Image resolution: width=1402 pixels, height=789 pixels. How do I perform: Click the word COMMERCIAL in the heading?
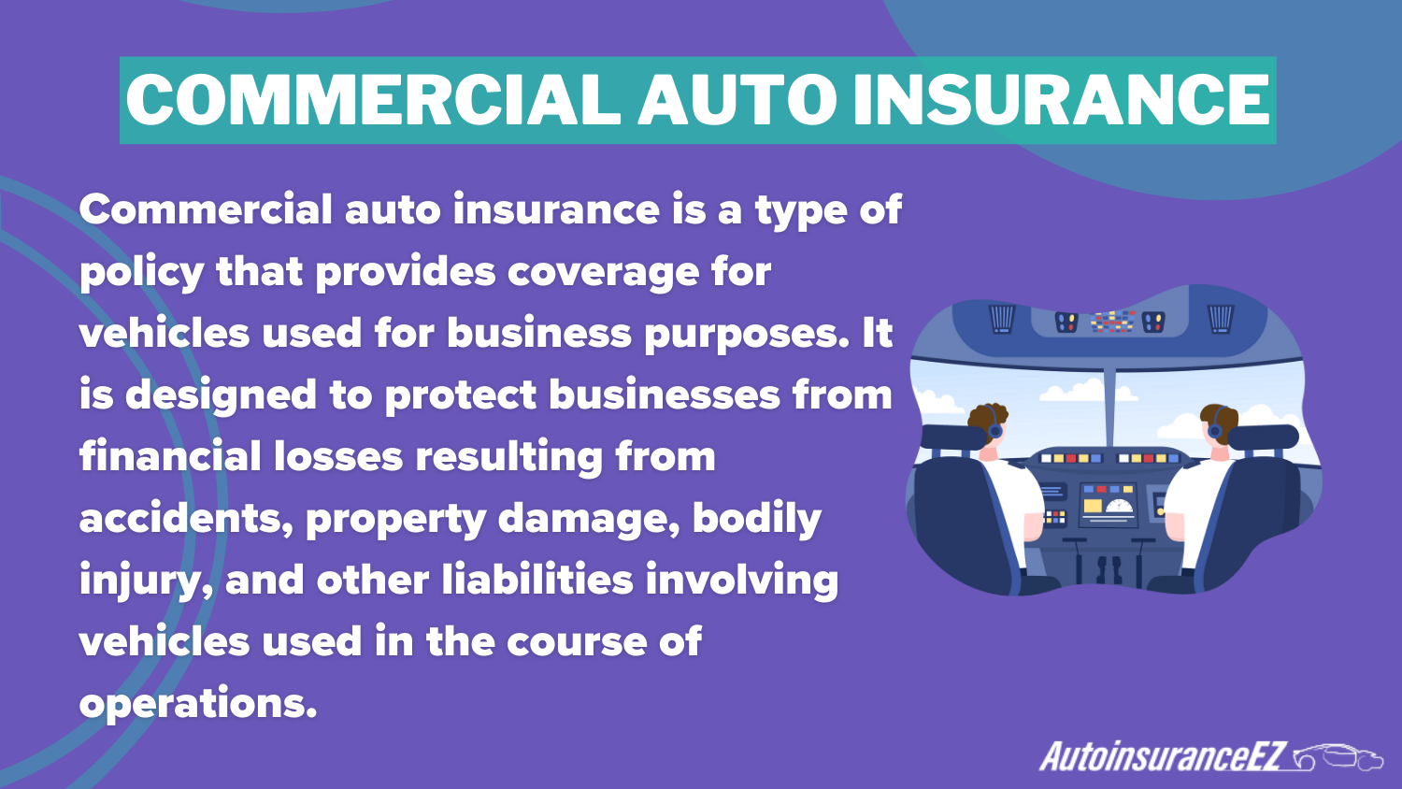point(374,100)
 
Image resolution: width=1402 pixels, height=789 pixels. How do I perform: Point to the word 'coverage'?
point(603,274)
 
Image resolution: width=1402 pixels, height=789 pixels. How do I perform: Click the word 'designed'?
point(221,396)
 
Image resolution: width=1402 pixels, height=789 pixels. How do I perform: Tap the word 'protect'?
point(461,396)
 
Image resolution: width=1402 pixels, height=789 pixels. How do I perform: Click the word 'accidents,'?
point(187,519)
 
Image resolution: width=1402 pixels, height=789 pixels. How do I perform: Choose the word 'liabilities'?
point(537,580)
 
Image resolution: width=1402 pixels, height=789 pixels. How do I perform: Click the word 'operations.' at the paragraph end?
point(198,705)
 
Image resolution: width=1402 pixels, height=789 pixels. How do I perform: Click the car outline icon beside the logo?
point(1338,758)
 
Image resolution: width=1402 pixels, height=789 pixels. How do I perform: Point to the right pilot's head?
point(1218,424)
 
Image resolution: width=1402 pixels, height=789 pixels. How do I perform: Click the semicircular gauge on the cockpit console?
point(1119,506)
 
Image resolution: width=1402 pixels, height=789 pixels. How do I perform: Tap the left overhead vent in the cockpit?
point(1002,319)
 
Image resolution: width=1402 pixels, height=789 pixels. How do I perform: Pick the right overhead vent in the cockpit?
point(1221,319)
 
